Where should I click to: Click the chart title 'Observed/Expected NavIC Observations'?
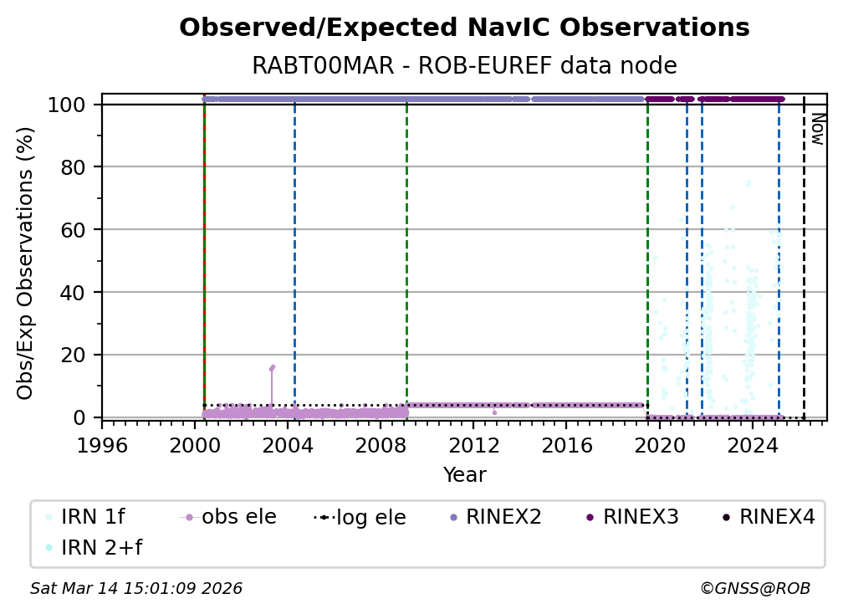[464, 28]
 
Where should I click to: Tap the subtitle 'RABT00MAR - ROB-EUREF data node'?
[464, 66]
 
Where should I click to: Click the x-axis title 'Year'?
[464, 475]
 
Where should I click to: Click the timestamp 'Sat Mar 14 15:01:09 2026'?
[136, 589]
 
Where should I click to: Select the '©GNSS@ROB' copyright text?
[754, 589]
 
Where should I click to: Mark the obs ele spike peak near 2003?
[273, 366]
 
